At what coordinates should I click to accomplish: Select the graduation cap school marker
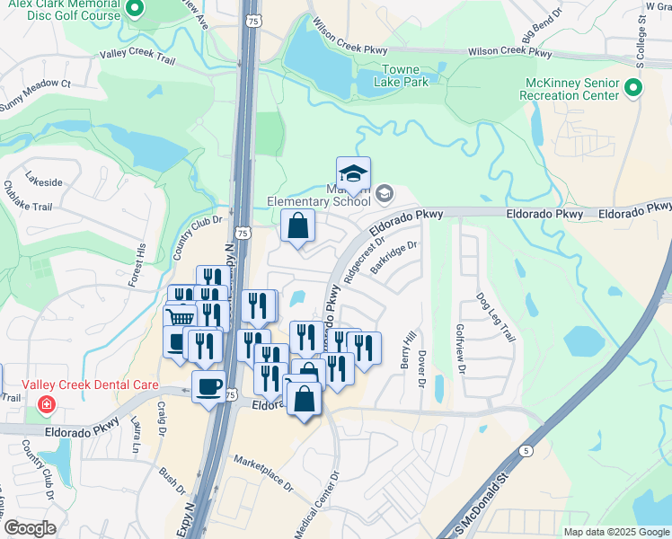(353, 173)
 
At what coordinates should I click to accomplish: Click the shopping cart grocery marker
(180, 317)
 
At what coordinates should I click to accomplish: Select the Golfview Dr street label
(462, 348)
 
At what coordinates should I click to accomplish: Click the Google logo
(30, 528)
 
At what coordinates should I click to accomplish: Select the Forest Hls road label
(137, 263)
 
